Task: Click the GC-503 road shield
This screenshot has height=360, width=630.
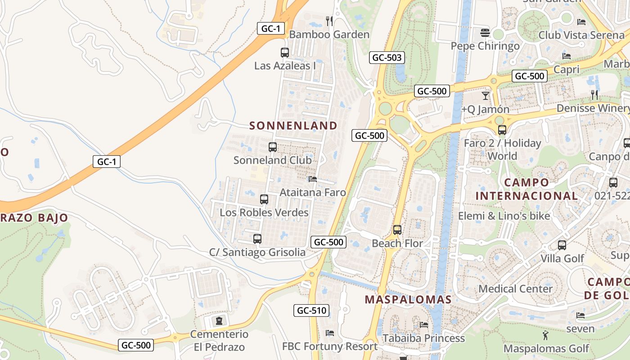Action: pos(387,58)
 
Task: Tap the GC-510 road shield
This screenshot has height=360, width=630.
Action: pos(311,310)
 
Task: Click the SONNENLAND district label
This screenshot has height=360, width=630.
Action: pos(293,126)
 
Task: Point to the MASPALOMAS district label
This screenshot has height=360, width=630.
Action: pos(408,300)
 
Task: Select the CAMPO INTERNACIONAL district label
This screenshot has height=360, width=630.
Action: pos(526,189)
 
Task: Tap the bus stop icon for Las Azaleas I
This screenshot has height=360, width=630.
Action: pos(285,53)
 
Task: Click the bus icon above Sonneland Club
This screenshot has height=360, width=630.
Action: pos(273,147)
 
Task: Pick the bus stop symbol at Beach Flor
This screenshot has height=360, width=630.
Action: pos(397,230)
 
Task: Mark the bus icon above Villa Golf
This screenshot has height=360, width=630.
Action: pos(562,245)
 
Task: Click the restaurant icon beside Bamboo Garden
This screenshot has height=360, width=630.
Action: pos(329,21)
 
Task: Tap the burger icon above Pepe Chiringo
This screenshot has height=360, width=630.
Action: pos(485,32)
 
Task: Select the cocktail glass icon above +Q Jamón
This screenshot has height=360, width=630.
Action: pos(485,96)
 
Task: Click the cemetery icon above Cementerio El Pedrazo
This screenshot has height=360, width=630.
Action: pos(219,321)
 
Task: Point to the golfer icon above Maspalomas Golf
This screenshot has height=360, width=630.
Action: pos(546,335)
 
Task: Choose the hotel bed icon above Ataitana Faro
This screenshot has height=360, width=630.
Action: pos(313,179)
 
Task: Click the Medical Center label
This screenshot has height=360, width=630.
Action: pos(516,289)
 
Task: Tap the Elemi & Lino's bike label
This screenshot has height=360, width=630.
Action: pos(504,216)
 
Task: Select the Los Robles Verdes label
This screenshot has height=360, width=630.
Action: pos(264,212)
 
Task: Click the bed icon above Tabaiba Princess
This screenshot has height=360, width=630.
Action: pos(423,325)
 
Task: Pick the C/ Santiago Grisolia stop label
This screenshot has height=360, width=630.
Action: pos(257,252)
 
